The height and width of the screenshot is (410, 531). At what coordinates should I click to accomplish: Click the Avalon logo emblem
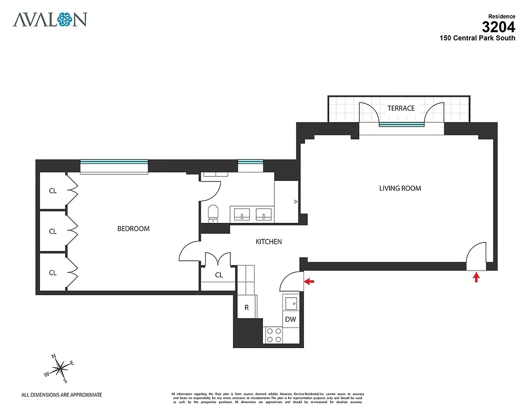pos(65,19)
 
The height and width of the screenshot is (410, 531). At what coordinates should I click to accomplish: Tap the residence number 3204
pos(498,27)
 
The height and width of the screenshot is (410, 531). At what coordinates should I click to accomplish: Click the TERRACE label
pos(401,108)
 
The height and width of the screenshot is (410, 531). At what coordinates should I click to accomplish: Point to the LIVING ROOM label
pos(400,188)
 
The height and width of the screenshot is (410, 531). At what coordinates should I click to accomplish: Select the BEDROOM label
pos(133,229)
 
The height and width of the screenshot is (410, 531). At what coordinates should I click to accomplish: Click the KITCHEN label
pos(269,241)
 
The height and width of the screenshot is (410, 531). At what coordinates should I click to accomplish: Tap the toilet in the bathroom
pos(213,213)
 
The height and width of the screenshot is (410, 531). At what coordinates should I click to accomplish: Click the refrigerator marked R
pos(247,307)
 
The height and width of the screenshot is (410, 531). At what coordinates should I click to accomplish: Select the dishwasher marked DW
pos(291,319)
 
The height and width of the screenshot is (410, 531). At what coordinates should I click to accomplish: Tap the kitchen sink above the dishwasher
pos(291,303)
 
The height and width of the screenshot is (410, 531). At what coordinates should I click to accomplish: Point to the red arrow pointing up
pos(476,277)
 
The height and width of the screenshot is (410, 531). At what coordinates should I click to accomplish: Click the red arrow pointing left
pos(310,281)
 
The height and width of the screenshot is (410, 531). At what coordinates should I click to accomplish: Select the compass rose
pos(60,367)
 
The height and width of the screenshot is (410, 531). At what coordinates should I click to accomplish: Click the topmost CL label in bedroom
pos(53,190)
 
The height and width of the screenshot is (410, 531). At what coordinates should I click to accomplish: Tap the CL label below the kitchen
pos(219,275)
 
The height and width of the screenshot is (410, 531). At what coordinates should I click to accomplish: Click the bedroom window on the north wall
pos(114,165)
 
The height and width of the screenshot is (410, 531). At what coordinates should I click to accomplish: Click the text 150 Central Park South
pos(477,38)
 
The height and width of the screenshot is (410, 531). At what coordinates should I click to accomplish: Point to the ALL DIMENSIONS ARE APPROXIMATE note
pos(62,395)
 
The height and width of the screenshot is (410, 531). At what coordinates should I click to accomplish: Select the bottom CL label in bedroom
pos(53,273)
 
